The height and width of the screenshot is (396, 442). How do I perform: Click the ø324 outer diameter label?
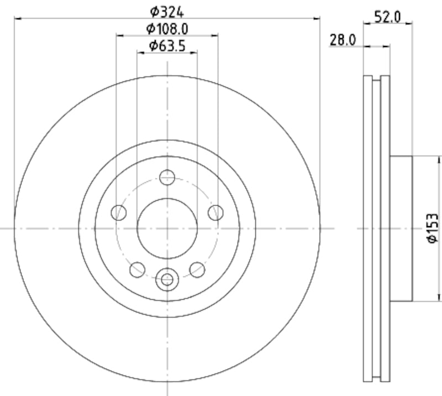click(167, 10)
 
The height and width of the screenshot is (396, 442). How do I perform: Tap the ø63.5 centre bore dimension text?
click(167, 45)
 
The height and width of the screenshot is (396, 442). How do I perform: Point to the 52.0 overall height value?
click(387, 16)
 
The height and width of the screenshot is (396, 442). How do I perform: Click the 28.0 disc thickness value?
click(342, 39)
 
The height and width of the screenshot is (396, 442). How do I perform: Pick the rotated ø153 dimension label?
click(433, 227)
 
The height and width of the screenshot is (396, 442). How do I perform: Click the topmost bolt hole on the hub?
click(167, 177)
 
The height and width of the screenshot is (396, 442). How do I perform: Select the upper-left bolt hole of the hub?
click(118, 212)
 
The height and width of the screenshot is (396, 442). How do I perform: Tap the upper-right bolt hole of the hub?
click(215, 212)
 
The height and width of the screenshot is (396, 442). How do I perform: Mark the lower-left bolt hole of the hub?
click(137, 269)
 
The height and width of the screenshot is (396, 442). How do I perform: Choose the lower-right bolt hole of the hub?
click(197, 269)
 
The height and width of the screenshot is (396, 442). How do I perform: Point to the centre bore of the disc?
click(167, 228)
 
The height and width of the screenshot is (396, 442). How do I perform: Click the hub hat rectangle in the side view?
click(401, 228)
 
